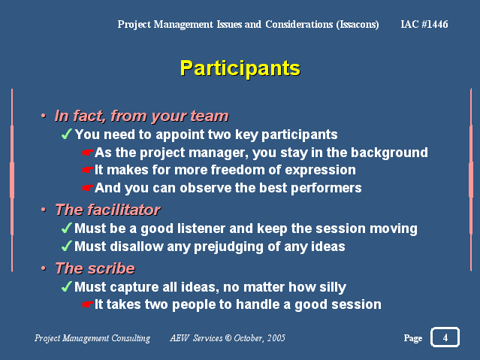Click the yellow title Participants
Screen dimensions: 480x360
tap(240, 68)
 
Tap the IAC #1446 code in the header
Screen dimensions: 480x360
tap(424, 24)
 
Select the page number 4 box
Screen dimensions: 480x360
tap(445, 337)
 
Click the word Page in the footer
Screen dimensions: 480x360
tap(413, 338)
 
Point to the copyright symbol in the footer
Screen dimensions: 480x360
tap(228, 338)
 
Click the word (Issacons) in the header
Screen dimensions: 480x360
tap(358, 25)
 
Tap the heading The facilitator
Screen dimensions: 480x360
tap(107, 210)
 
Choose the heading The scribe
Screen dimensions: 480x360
tap(95, 268)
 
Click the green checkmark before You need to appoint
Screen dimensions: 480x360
tap(66, 134)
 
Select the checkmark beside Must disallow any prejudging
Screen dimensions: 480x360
tap(66, 246)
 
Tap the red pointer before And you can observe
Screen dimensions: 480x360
tap(88, 188)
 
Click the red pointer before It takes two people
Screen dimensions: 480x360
tap(88, 304)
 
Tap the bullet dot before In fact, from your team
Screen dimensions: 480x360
tap(44, 116)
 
